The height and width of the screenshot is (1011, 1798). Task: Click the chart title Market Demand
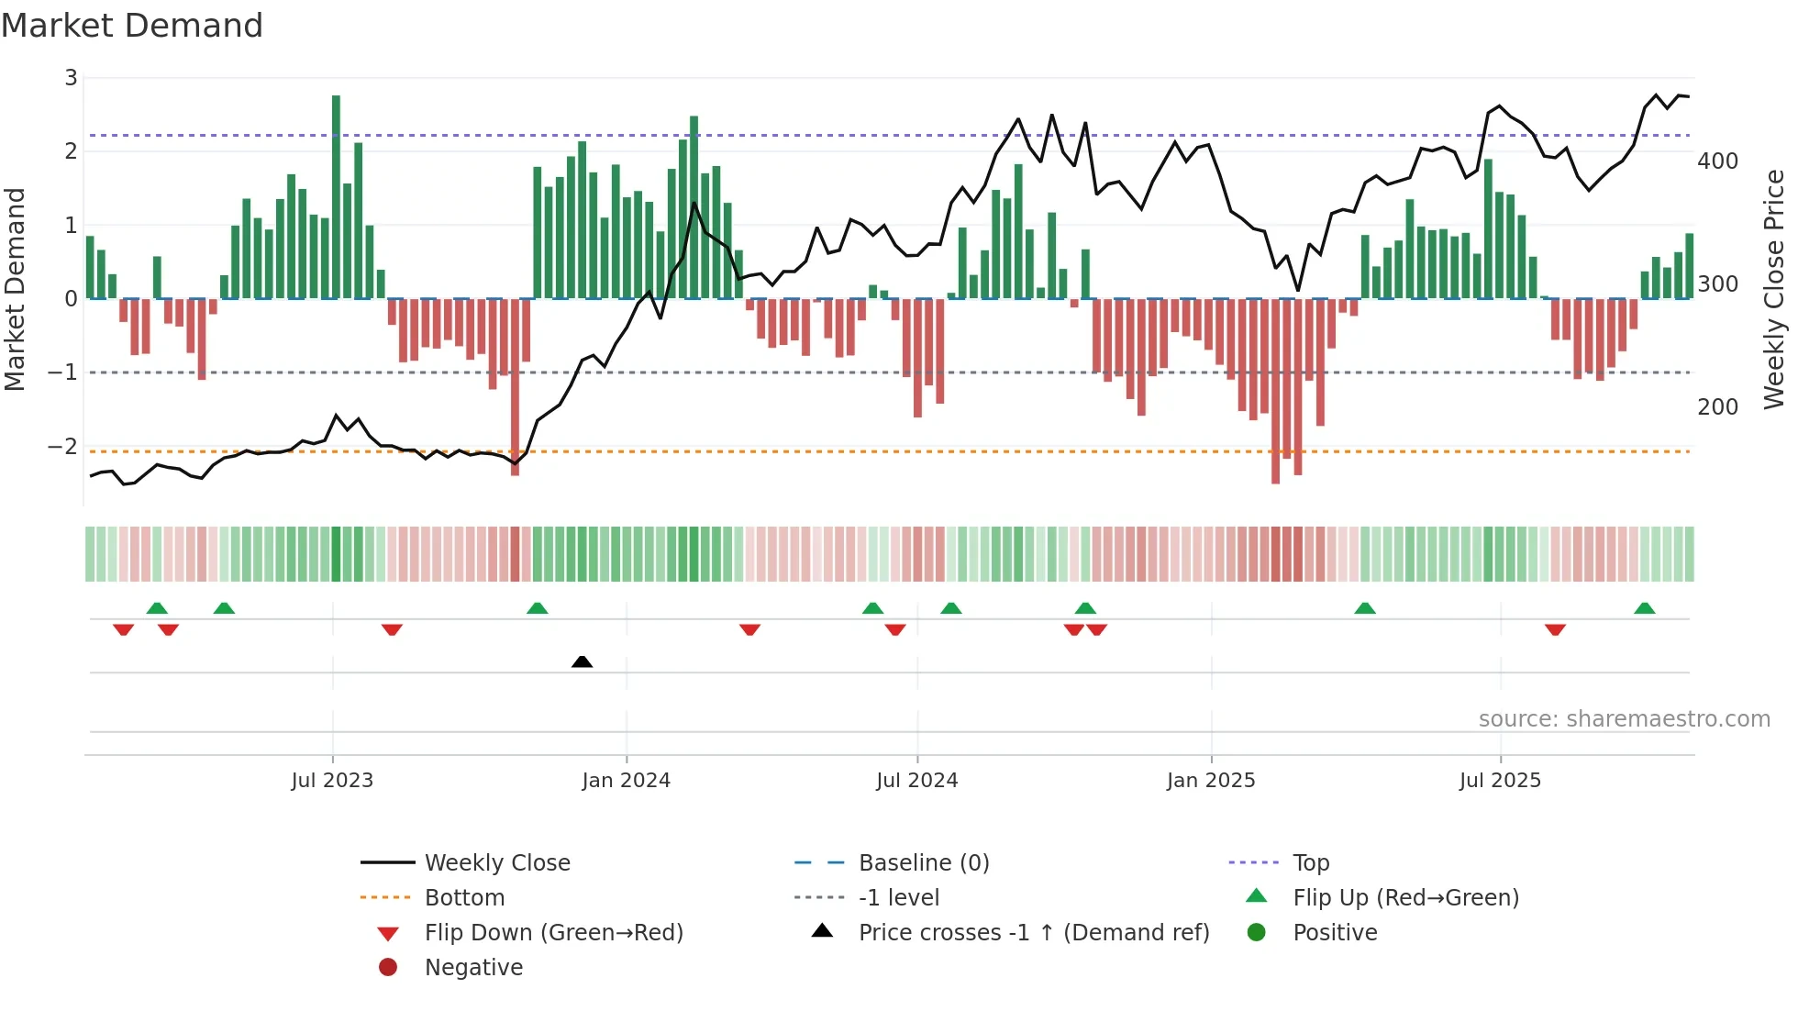132,26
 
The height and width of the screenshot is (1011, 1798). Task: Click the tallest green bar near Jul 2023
336,196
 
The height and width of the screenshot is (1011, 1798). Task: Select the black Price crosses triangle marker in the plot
582,661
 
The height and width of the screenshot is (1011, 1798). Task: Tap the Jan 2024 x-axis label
626,781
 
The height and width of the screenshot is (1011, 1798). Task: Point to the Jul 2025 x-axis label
1500,781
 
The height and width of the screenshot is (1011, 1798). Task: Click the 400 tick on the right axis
1717,161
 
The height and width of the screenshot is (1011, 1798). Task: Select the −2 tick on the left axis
62,447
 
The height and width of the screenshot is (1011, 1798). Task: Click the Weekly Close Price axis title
1774,289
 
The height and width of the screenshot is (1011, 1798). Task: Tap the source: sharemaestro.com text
1624,719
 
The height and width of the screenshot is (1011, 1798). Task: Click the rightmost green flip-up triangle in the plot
1644,608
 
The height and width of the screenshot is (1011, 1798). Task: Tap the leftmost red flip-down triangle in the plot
123,629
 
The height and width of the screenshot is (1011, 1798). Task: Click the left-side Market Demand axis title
15,289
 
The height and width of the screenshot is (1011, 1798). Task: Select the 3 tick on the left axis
71,78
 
